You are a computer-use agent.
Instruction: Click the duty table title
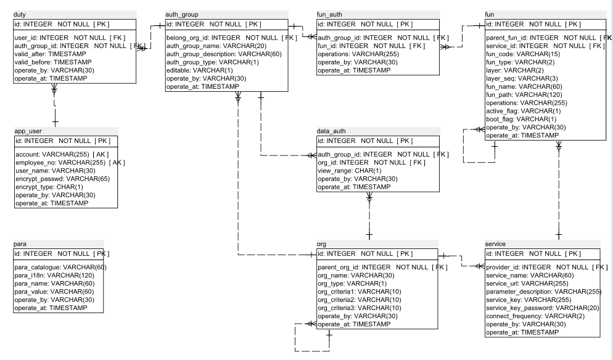pyautogui.click(x=20, y=14)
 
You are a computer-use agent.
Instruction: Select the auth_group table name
pyautogui.click(x=182, y=14)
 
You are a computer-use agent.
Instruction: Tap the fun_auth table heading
pyautogui.click(x=329, y=14)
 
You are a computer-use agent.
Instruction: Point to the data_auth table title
pyautogui.click(x=331, y=131)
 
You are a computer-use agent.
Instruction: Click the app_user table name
pyautogui.click(x=28, y=131)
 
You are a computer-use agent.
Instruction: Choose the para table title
pyautogui.click(x=20, y=244)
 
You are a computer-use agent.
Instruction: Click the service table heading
pyautogui.click(x=495, y=244)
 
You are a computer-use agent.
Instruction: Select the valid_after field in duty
pyautogui.click(x=50, y=54)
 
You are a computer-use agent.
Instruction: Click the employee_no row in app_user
pyautogui.click(x=70, y=163)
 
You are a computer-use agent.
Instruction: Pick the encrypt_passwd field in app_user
pyautogui.click(x=62, y=179)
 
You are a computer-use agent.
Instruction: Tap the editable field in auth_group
pyautogui.click(x=200, y=70)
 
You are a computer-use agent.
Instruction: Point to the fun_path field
pyautogui.click(x=524, y=94)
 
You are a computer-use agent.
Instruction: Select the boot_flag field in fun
pyautogui.click(x=521, y=119)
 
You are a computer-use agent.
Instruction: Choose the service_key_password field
pyautogui.click(x=543, y=308)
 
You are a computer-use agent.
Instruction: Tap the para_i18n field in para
pyautogui.click(x=54, y=276)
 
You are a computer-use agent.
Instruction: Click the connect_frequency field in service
pyautogui.click(x=535, y=316)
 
